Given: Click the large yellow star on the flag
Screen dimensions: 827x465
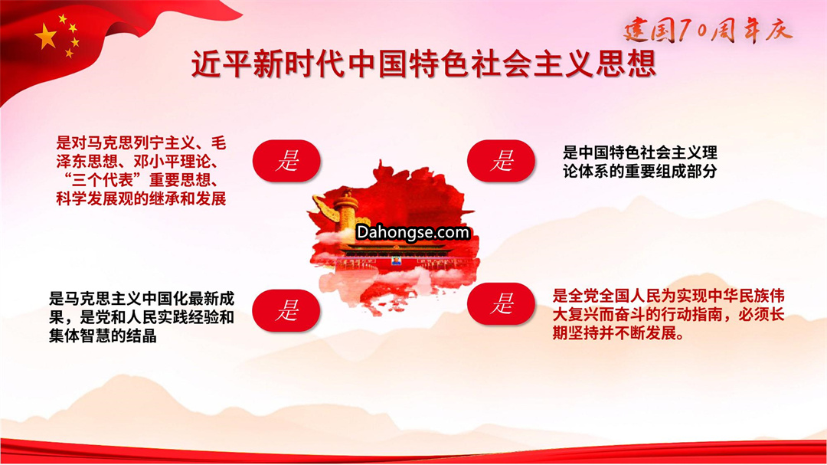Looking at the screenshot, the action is click(x=47, y=37).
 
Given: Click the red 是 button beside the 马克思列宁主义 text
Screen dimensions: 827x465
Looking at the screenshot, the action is click(x=287, y=161).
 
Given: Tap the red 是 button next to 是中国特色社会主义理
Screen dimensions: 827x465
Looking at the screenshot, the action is click(x=501, y=161).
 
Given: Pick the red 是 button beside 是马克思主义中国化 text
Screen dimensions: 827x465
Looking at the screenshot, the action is click(x=286, y=310).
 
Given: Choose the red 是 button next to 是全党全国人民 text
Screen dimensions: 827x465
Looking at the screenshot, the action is click(x=501, y=304).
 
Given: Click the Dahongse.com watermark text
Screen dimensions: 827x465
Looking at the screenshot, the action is click(x=413, y=232).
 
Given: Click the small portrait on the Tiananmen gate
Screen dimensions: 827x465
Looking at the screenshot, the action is click(x=396, y=260).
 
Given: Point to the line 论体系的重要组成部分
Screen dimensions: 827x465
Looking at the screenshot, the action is click(x=639, y=171).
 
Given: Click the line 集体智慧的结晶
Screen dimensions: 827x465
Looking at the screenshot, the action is click(x=103, y=336).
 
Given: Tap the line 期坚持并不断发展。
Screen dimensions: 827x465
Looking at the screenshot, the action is click(x=619, y=333).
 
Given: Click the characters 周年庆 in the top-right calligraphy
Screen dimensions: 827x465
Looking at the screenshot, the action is click(x=751, y=31).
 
